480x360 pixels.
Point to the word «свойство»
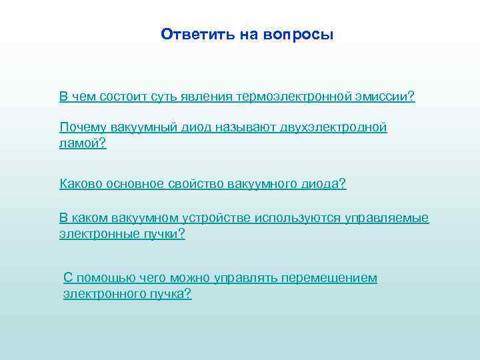click(199, 183)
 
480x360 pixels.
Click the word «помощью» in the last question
click(101, 277)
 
